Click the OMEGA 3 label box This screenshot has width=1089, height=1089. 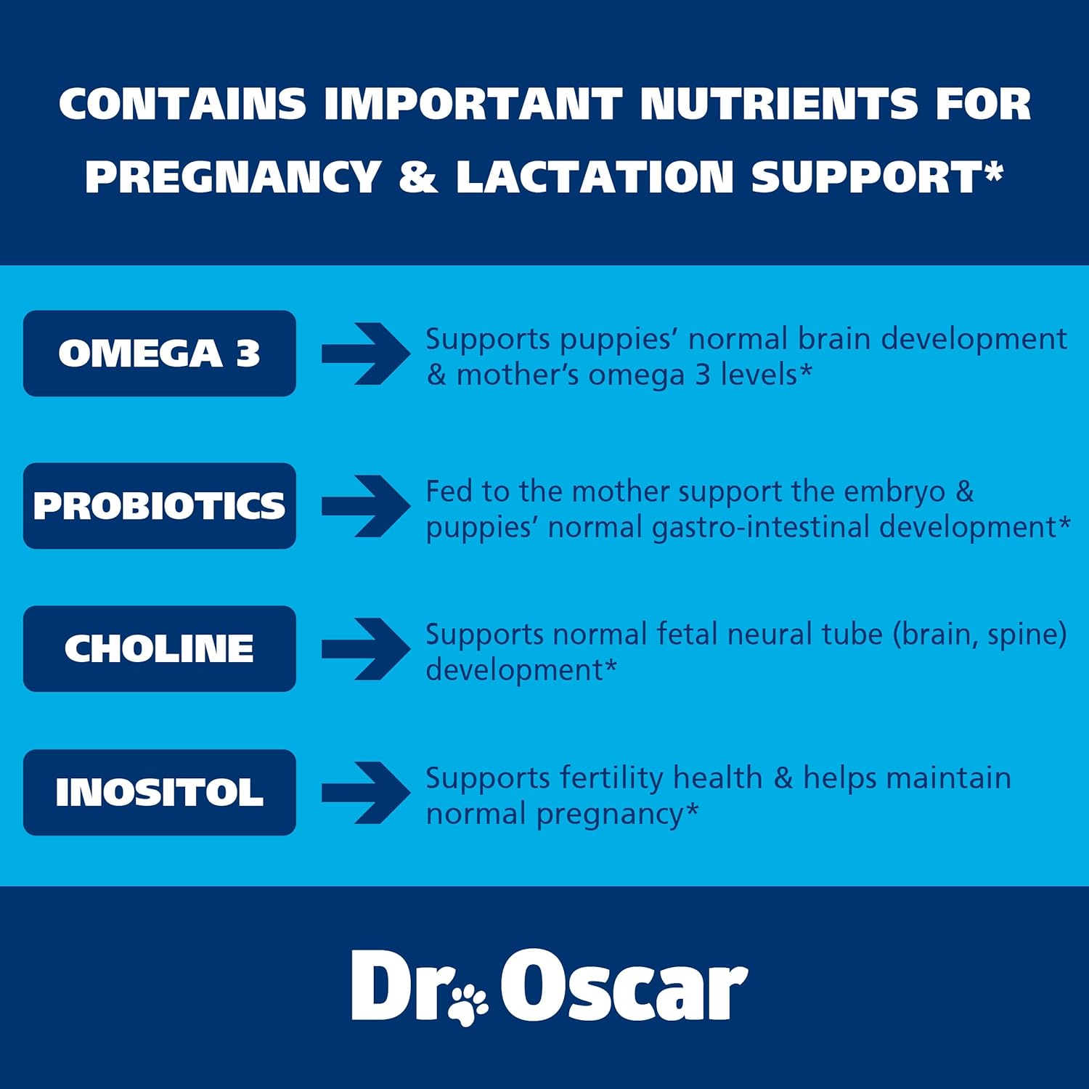[160, 354]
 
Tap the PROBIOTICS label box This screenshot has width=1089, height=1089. [160, 506]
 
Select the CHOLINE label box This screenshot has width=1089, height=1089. [160, 648]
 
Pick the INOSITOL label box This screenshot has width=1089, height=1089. [160, 792]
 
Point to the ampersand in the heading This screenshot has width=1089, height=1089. [418, 177]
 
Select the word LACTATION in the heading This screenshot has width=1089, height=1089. [595, 177]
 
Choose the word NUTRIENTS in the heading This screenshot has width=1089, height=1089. [779, 104]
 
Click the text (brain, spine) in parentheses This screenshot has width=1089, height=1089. [979, 635]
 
